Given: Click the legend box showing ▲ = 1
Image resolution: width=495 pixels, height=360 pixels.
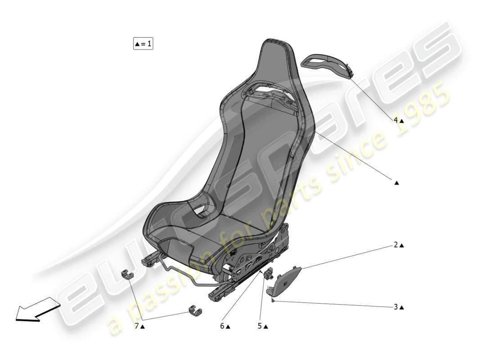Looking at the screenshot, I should [x=143, y=44].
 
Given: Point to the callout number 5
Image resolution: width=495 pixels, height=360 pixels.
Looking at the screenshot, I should [x=260, y=327].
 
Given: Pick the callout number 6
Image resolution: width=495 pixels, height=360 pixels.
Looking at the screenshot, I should [x=222, y=327].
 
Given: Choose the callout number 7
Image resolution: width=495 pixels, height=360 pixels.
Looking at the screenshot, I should [x=136, y=327].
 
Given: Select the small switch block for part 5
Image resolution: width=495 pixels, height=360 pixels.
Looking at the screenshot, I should [x=269, y=273].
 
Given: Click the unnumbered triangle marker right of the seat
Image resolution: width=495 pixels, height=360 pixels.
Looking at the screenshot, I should [x=396, y=183].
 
